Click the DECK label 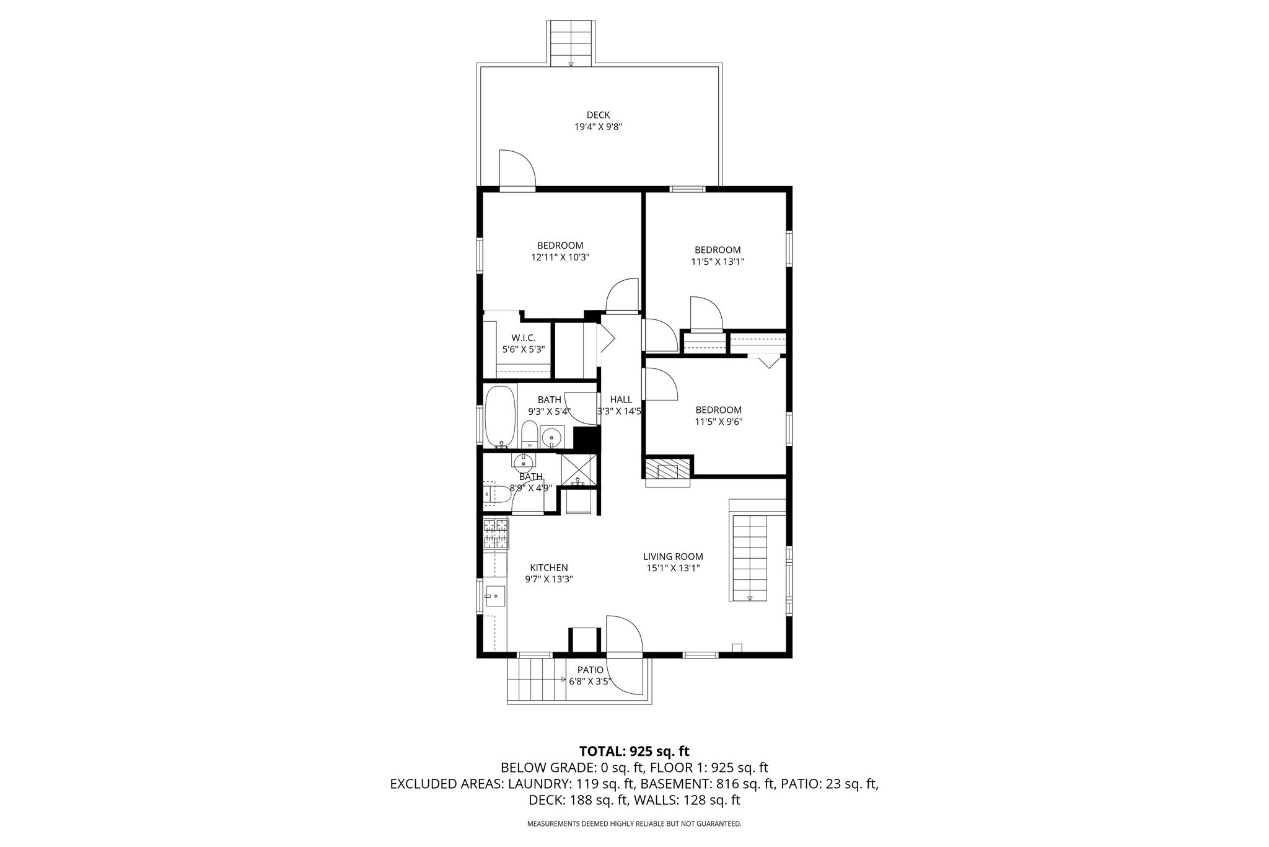click(598, 115)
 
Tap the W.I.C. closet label click(524, 338)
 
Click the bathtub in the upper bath click(499, 417)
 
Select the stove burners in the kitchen click(496, 534)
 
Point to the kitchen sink click(496, 596)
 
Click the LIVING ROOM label click(673, 557)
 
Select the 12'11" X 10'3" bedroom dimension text click(560, 257)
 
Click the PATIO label click(590, 670)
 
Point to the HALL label click(621, 399)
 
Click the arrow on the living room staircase click(750, 598)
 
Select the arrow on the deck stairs click(571, 63)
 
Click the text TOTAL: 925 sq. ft click(634, 752)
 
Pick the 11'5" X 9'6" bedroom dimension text click(719, 422)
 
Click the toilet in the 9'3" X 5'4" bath click(529, 434)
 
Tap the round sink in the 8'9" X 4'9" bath click(524, 462)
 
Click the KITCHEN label click(548, 567)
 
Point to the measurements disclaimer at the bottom click(634, 824)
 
